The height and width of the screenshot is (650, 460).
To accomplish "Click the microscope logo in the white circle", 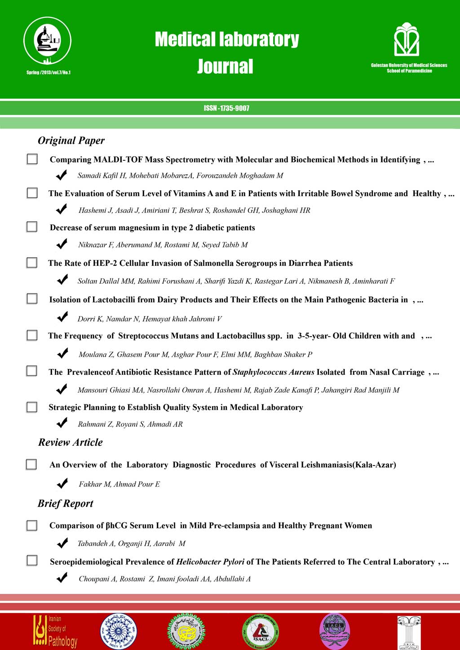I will click(47, 41).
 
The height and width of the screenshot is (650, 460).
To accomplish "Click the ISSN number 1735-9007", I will click(226, 108).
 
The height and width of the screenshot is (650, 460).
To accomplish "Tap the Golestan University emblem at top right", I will click(407, 40).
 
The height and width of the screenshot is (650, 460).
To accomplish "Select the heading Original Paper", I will click(71, 141).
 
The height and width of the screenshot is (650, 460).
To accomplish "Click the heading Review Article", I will click(71, 442).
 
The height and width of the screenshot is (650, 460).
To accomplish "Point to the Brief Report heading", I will click(66, 503).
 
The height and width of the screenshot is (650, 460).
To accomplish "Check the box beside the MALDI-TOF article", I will click(32, 159).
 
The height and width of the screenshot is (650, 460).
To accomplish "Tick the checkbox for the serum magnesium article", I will click(32, 227).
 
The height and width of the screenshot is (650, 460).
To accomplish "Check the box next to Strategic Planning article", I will click(32, 407).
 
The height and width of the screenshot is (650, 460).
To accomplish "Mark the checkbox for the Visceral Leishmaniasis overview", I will click(31, 464).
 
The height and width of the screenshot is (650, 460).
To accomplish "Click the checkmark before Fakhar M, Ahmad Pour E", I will click(62, 483).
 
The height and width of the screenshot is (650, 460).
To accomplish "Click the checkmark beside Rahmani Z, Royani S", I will click(62, 423).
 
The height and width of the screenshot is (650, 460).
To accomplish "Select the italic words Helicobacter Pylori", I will click(210, 562).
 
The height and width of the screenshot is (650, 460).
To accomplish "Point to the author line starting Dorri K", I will click(150, 319).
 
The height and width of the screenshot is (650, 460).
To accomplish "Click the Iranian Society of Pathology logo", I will click(55, 631).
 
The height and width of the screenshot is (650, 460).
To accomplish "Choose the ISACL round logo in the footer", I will click(261, 632).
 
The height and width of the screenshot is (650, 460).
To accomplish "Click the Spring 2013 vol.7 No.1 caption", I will click(49, 72).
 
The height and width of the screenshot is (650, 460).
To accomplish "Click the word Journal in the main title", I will click(226, 66).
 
